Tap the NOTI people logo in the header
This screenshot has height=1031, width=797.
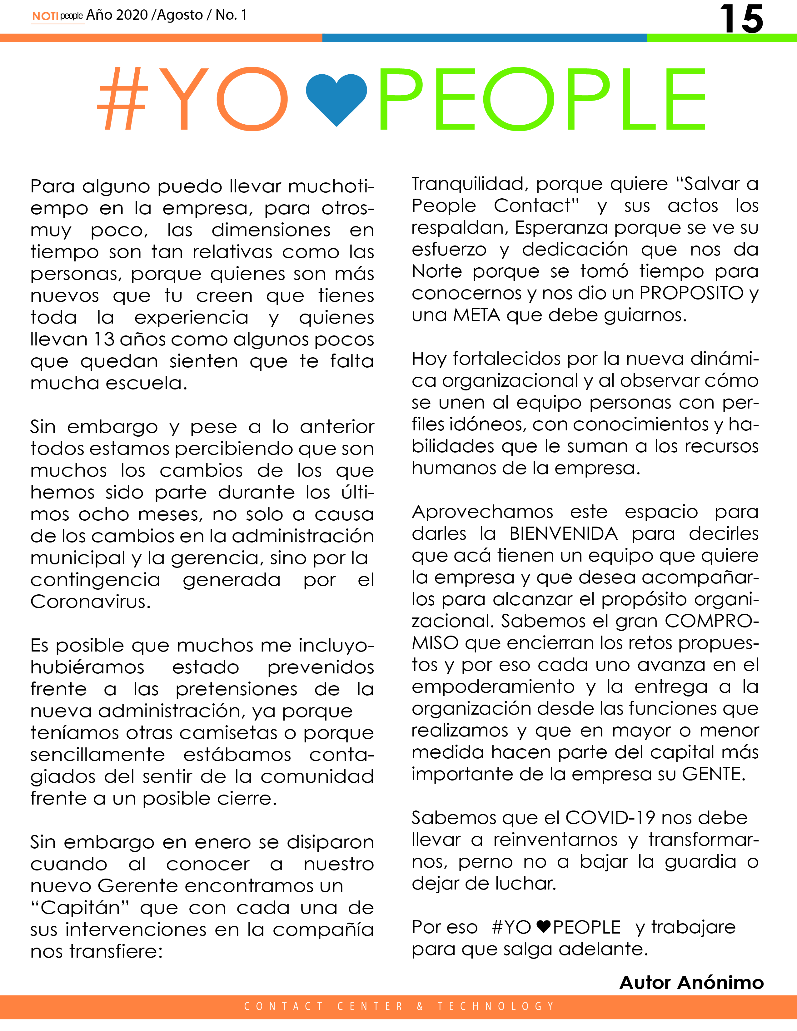pos(57,16)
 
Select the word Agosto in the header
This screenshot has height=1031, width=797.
pos(180,15)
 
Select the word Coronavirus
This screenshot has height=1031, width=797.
pos(90,602)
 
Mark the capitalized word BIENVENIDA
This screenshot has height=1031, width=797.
pos(563,534)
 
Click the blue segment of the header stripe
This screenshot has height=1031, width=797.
pos(485,38)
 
